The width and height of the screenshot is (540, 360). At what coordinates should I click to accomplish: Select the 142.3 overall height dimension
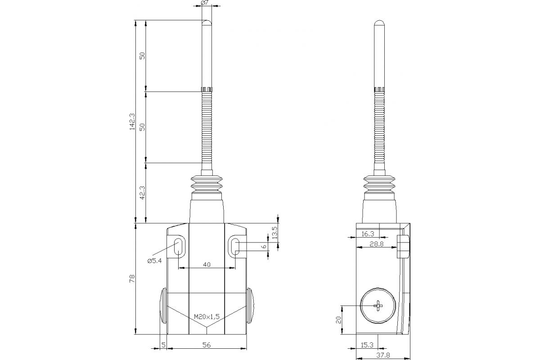[x=132, y=121]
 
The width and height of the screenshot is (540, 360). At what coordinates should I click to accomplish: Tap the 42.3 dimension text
[x=142, y=193]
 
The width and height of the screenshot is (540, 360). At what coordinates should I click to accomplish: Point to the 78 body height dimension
[x=132, y=279]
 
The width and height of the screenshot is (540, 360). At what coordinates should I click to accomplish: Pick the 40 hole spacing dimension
[x=207, y=265]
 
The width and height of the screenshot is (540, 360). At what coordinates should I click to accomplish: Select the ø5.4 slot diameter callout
[x=154, y=261]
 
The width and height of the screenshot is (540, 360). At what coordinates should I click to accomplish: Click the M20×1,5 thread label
[x=207, y=317]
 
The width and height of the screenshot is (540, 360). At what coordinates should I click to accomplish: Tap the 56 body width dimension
[x=207, y=345]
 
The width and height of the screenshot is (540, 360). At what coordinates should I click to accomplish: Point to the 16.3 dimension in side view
[x=368, y=234]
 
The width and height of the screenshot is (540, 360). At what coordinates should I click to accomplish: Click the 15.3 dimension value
[x=368, y=345]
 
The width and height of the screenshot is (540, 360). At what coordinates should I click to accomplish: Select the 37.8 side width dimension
[x=383, y=355]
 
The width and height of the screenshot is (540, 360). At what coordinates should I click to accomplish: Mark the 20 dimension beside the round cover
[x=339, y=319]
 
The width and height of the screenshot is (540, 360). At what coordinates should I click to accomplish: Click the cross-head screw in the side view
[x=378, y=306]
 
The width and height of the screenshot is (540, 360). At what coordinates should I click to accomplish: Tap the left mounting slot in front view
[x=178, y=247]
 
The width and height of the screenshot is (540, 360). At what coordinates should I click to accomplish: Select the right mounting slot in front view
[x=235, y=247]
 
